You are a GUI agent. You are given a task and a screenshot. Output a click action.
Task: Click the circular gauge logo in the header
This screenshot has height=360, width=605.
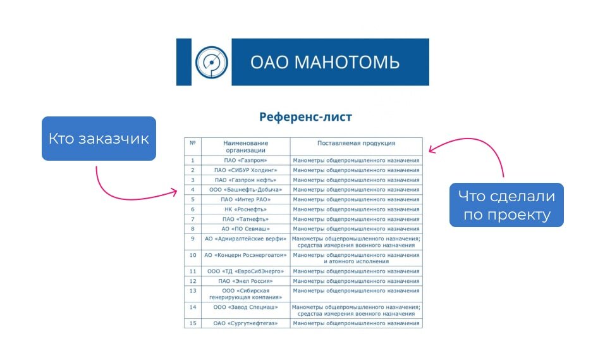pos(211,62)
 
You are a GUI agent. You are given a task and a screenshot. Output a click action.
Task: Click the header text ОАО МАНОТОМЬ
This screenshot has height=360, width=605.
pos(325,62)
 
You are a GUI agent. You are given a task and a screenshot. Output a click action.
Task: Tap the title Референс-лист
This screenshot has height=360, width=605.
pos(305,116)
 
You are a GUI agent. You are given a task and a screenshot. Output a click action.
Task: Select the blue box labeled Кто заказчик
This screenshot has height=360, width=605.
pos(99,139)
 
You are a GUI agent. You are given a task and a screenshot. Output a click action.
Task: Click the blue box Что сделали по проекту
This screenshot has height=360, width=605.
pos(506,205)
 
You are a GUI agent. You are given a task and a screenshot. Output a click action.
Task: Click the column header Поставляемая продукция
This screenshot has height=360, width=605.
pos(356,143)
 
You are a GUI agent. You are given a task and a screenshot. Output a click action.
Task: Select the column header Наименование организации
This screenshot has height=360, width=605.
pos(245,146)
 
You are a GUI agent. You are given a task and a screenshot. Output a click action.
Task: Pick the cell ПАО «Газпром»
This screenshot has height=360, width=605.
pos(245,160)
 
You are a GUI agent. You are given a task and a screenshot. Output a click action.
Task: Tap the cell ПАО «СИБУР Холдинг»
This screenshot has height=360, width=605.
pos(245,170)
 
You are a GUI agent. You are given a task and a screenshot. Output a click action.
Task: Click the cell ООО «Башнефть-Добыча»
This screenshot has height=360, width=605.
pos(245,190)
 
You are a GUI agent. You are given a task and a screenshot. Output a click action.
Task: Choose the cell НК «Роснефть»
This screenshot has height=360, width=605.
pos(245,209)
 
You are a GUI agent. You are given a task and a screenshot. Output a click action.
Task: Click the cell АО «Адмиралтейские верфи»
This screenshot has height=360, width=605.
pos(245,239)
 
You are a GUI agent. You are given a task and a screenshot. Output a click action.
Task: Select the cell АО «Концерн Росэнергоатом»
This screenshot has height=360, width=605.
pos(245,255)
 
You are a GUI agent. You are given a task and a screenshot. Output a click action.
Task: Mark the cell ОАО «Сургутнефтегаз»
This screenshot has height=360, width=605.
pos(245,323)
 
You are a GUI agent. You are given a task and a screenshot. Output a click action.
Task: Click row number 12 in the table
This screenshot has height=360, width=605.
pos(193,281)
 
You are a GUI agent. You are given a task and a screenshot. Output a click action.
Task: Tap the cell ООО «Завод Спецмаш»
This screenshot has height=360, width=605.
pos(245,307)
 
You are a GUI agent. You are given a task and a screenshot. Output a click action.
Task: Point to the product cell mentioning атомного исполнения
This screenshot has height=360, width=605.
pos(356,258)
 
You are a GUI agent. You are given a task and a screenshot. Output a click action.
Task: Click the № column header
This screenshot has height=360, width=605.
pos(193,143)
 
